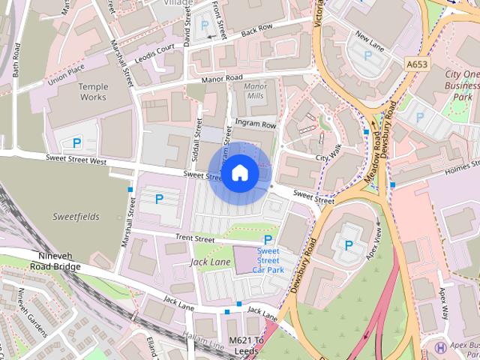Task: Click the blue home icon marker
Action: [239, 173]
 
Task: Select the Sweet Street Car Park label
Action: [268, 259]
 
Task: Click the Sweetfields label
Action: [76, 216]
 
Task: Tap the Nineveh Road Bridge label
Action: [58, 261]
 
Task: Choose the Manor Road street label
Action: [222, 79]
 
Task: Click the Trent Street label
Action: [194, 238]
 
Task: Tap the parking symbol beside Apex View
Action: [349, 244]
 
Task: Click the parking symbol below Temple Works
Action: [76, 142]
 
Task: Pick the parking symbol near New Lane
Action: [367, 55]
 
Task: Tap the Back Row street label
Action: [256, 28]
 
